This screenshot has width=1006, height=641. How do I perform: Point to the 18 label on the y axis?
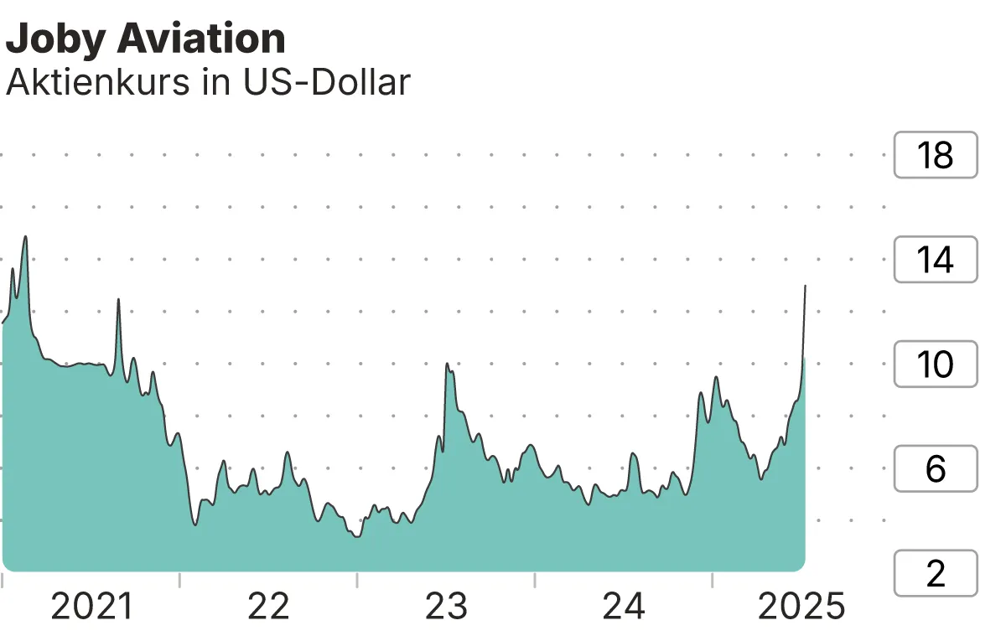point(936,155)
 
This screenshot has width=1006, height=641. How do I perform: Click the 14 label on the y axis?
point(936,260)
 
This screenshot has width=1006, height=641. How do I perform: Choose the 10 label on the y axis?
point(936,364)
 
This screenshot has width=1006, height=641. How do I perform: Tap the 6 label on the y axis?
point(936,468)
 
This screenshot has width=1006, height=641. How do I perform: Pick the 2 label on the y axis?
point(936,573)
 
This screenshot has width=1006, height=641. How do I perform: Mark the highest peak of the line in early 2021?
point(25,236)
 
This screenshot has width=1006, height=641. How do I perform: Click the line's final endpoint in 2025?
point(806,286)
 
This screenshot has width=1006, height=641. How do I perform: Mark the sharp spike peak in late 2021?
point(118,299)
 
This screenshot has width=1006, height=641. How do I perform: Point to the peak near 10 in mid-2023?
point(447,364)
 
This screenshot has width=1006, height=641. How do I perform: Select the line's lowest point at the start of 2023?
point(358,536)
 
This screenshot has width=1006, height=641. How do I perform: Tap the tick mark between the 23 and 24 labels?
point(534,580)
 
